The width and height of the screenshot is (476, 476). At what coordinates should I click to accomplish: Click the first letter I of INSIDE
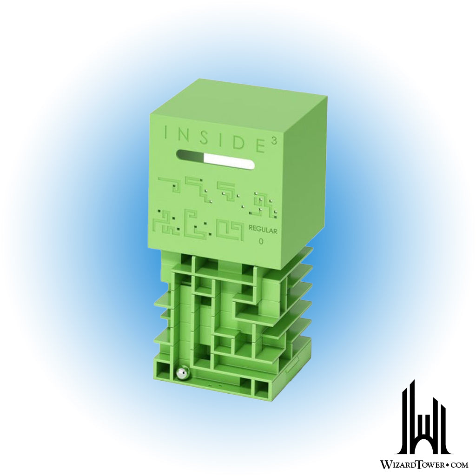166,132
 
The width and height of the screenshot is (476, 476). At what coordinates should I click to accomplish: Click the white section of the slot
229,160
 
